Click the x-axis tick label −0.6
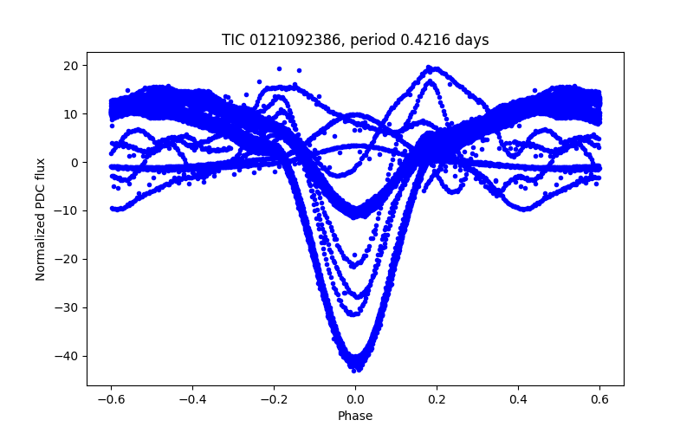[x=111, y=399]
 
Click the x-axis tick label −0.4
[x=192, y=399]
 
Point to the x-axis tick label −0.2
[x=274, y=399]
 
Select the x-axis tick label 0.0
[x=355, y=399]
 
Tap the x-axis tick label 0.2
[x=437, y=399]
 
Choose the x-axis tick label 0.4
[x=518, y=399]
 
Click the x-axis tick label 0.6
[x=599, y=399]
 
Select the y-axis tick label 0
[x=75, y=163]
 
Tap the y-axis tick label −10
[x=68, y=211]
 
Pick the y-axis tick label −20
[x=68, y=259]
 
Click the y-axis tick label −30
[x=68, y=307]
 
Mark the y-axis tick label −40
[x=68, y=356]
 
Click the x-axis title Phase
[x=355, y=416]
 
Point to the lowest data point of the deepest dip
[x=355, y=371]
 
